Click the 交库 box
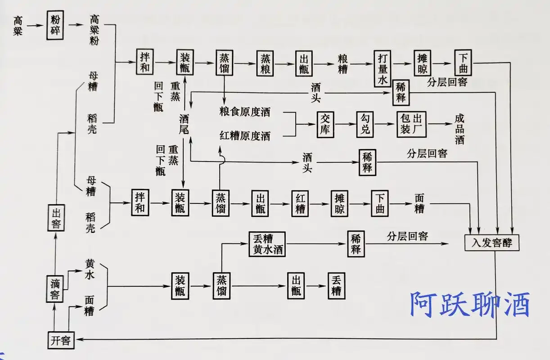tap(326, 124)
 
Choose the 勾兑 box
tap(365, 124)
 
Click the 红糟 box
tap(300, 203)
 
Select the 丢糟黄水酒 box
tap(267, 244)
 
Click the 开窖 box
tap(60, 340)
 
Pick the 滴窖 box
tap(56, 289)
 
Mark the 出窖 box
tap(56, 217)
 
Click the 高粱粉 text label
tap(94, 30)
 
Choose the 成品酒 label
tap(459, 129)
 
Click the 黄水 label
tap(90, 270)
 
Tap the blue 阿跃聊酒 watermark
tap(469, 304)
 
